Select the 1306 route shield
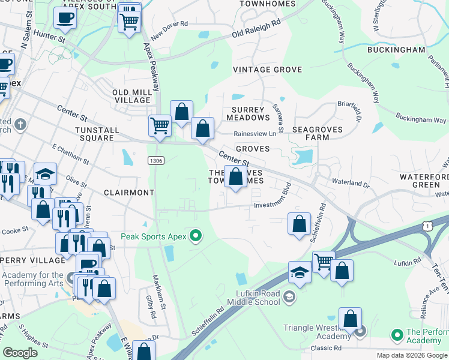point(155,160)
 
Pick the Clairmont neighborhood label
point(129,193)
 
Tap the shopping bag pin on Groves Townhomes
point(236,177)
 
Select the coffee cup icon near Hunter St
point(65,17)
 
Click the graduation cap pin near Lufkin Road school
point(300,272)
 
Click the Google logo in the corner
point(20,353)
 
